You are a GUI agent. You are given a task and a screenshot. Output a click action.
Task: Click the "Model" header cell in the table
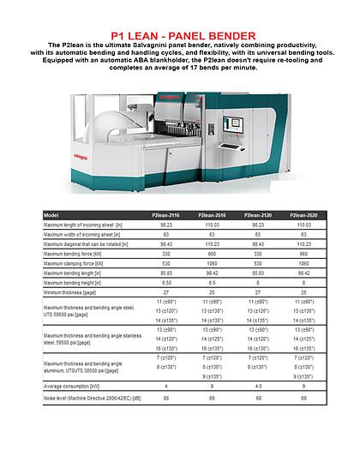52,213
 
